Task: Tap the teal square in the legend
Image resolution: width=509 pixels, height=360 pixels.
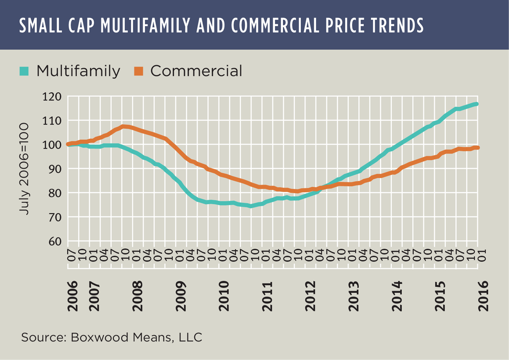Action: click(x=24, y=71)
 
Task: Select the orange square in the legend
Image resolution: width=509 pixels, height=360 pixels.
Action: click(x=139, y=71)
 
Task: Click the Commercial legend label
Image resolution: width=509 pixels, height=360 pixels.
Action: click(x=196, y=71)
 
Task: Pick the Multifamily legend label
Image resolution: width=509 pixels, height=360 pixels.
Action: click(x=78, y=71)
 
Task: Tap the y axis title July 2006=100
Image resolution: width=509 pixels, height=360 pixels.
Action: click(x=24, y=169)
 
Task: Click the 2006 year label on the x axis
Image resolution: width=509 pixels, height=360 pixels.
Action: click(x=72, y=296)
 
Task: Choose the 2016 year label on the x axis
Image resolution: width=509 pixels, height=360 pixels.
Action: click(x=483, y=296)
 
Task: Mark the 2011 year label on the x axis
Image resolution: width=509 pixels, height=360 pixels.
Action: click(x=267, y=296)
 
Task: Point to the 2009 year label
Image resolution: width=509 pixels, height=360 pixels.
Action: click(x=181, y=296)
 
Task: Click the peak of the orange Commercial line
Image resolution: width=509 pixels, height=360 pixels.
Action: click(x=124, y=126)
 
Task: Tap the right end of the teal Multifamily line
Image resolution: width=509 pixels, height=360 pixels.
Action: click(x=476, y=104)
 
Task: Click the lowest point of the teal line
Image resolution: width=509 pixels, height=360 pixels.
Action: click(x=250, y=206)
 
